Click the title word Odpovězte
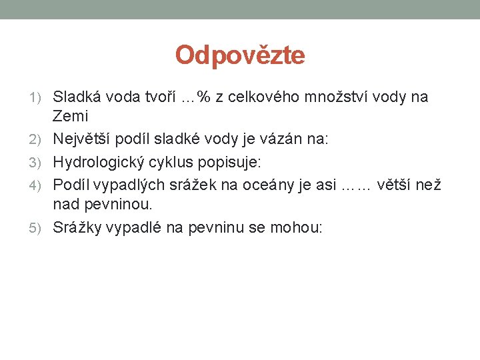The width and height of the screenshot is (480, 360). coord(240,55)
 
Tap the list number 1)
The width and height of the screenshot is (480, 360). coord(39,98)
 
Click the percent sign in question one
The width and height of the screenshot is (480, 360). coord(204,98)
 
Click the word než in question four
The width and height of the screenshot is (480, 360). coord(429,185)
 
